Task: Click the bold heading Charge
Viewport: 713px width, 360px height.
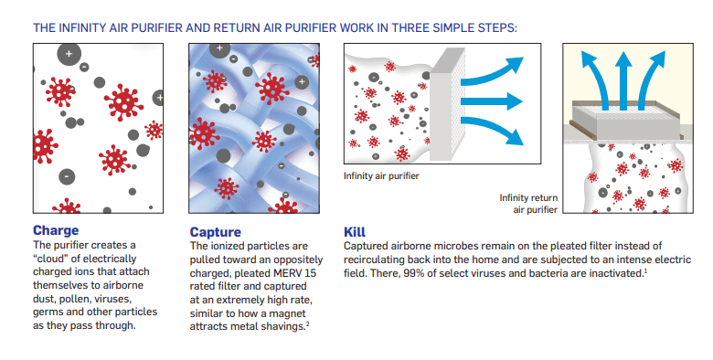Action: tap(56, 230)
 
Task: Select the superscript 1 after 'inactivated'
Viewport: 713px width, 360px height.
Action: tap(646, 270)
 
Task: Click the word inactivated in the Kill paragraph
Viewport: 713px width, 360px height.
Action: tap(612, 273)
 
